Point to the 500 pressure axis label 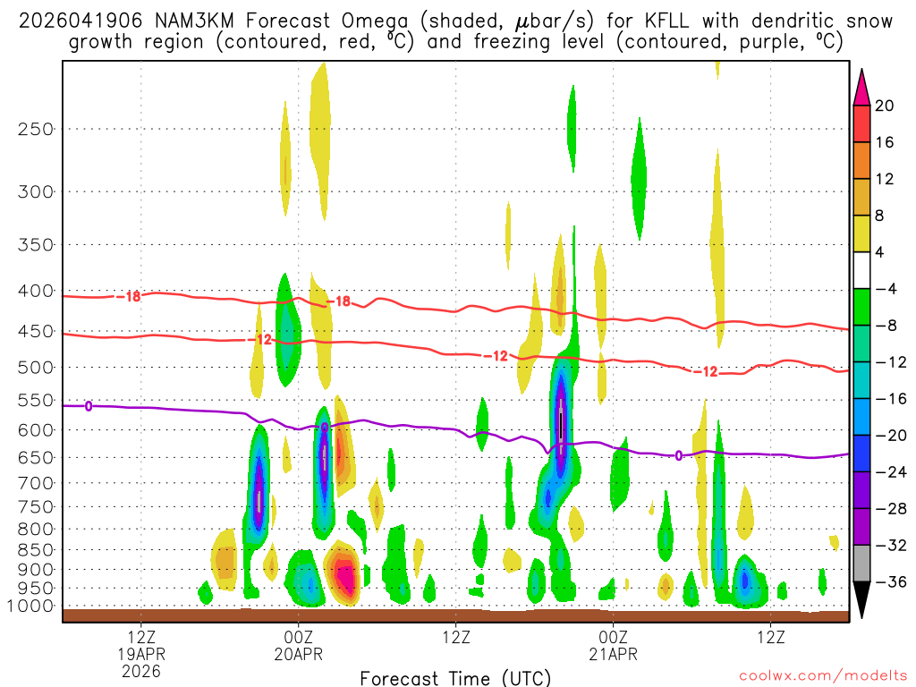pos(36,367)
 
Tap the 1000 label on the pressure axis pos(31,606)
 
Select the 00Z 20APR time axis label pos(298,646)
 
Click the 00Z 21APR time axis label pos(612,646)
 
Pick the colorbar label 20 pos(885,106)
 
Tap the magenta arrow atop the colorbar pos(861,87)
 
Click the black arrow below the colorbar pos(861,600)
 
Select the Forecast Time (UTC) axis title pos(454,677)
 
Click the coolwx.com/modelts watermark pos(823,677)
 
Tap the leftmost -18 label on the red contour pos(130,296)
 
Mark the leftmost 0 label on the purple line pos(89,406)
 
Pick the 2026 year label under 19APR pos(141,670)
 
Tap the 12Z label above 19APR pos(141,639)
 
